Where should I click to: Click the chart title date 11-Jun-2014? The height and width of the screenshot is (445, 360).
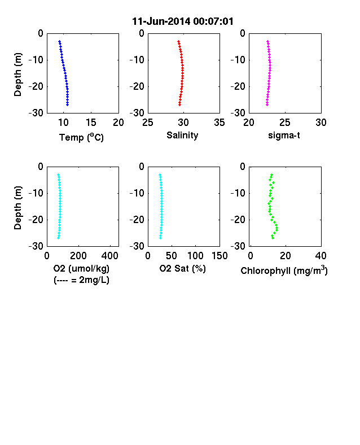point(161,21)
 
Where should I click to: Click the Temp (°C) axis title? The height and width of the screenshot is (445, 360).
point(81,137)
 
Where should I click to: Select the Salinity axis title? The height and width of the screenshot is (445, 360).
point(182,135)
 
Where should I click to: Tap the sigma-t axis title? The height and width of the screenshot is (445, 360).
point(284,135)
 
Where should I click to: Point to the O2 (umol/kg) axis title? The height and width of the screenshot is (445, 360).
point(81,268)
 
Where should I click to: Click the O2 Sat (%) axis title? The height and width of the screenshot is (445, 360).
point(183,268)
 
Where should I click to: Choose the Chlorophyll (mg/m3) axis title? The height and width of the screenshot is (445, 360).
point(284,271)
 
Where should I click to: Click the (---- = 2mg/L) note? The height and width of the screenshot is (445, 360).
point(81,280)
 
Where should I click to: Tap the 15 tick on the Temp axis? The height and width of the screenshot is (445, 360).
point(91,123)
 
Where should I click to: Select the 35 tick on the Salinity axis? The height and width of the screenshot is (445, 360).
point(219,123)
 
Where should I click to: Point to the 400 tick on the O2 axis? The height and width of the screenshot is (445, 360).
point(110,256)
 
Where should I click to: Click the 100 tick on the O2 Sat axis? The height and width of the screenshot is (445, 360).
point(195,256)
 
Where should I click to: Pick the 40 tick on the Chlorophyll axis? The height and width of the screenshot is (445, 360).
point(321,256)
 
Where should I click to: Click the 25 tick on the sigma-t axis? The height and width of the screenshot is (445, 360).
point(285,123)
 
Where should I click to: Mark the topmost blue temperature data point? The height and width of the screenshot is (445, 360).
point(59,41)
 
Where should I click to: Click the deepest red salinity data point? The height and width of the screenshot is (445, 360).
point(179,104)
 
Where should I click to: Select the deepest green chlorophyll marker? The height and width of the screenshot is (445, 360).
point(273,238)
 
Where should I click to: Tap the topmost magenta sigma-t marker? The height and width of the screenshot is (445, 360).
point(267,41)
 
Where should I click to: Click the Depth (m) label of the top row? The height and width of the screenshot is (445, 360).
point(17,75)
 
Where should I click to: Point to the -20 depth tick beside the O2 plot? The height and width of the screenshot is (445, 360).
point(36,220)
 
